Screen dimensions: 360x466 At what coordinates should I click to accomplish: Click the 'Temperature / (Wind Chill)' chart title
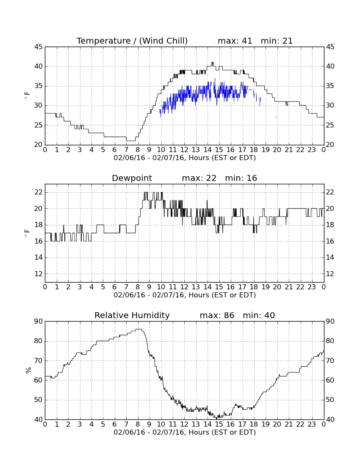tap(132, 41)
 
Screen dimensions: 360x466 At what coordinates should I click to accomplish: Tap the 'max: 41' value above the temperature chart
tap(235, 41)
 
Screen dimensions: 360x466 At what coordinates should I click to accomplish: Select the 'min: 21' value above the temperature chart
tap(277, 41)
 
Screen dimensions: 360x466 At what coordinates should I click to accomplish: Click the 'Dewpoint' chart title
tap(132, 178)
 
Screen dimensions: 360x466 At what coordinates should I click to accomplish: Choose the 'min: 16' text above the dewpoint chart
tap(241, 178)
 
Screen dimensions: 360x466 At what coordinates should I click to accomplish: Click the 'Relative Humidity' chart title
tap(132, 315)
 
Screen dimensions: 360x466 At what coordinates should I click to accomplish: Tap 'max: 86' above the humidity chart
tap(217, 315)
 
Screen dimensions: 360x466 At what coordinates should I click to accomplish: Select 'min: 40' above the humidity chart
tap(259, 315)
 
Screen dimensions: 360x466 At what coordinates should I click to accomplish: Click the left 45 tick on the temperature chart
tap(39, 47)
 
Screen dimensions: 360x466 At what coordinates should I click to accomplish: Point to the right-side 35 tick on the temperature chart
tap(330, 86)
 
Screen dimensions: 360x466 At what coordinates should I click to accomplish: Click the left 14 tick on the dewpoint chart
tap(39, 258)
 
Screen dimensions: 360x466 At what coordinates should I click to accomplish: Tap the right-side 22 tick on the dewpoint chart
tap(330, 192)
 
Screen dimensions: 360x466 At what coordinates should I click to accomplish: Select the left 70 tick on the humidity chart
tap(39, 361)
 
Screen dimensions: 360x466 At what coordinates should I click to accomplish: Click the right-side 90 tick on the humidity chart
tap(330, 321)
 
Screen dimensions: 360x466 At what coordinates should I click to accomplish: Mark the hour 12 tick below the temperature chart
tap(184, 150)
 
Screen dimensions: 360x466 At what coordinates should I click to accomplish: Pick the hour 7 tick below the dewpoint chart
tap(126, 287)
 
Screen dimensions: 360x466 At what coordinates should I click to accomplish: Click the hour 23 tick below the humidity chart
tap(312, 424)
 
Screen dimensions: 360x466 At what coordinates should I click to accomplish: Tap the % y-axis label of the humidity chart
tap(28, 370)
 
